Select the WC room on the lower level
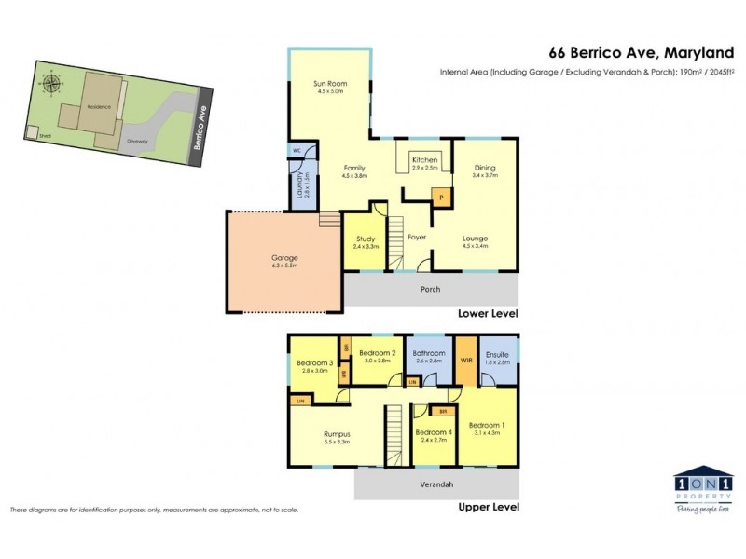coord(296,150)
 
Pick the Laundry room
coord(301,184)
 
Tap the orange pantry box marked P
coord(438,198)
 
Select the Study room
coord(366,240)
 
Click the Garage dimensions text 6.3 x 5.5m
coord(284,266)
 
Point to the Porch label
coord(430,289)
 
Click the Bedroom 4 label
coord(433,432)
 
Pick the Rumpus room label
coord(336,433)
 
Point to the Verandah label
coord(435,484)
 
